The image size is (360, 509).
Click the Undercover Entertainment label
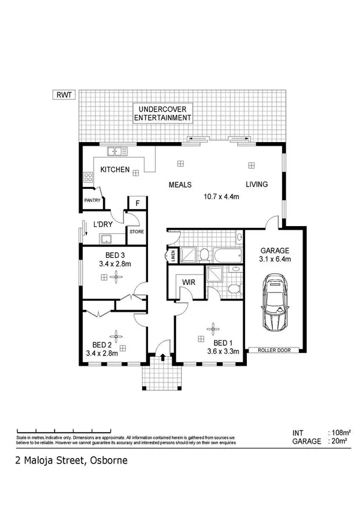(162, 113)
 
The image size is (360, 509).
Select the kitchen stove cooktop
(88, 177)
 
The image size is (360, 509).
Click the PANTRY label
(92, 201)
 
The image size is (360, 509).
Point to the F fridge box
(137, 203)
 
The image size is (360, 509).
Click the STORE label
(136, 231)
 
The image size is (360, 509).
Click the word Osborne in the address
(108, 461)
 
